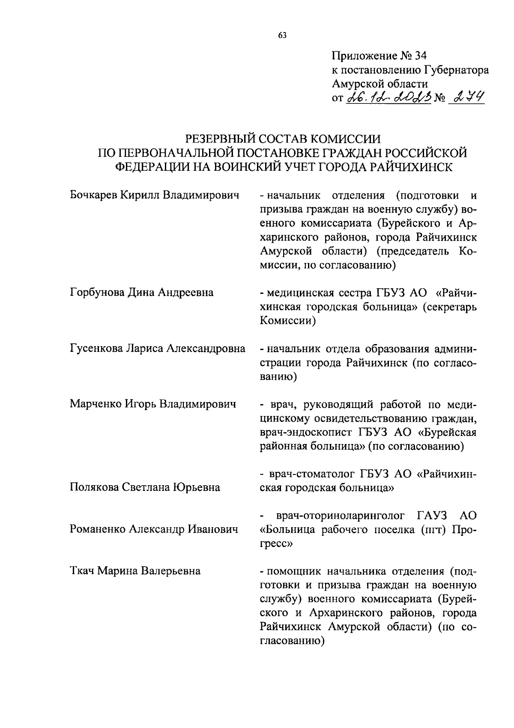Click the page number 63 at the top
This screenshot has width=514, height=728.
[282, 36]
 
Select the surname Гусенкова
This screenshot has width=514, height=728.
[96, 348]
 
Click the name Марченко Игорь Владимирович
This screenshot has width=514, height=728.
[153, 404]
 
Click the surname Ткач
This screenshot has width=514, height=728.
[82, 571]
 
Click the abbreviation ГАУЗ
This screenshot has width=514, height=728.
[432, 516]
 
